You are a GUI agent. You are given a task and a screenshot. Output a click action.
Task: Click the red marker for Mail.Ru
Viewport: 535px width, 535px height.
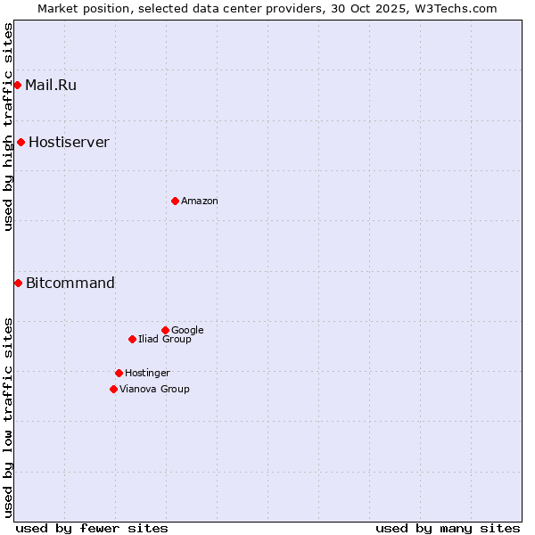(18, 85)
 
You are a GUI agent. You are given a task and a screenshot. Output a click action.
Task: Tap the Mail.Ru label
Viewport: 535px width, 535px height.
(51, 86)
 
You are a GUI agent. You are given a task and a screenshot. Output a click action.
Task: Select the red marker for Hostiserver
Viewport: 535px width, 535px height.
(21, 142)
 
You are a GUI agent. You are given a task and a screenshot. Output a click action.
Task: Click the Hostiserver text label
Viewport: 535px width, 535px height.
(69, 143)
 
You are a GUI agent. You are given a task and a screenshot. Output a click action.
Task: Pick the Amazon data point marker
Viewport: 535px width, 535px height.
(175, 201)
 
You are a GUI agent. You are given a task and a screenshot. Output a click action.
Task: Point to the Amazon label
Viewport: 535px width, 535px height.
(200, 202)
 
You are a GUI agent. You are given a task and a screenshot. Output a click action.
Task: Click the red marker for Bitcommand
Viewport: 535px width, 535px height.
(19, 283)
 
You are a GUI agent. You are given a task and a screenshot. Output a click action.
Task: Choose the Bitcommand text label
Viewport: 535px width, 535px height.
(70, 284)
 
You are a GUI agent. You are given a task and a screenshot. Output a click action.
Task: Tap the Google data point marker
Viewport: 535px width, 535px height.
(165, 330)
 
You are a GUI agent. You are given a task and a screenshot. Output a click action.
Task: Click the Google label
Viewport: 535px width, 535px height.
(187, 331)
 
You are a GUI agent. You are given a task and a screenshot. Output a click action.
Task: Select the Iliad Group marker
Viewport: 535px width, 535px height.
(132, 339)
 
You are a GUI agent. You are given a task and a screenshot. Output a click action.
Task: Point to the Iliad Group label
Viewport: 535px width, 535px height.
(165, 340)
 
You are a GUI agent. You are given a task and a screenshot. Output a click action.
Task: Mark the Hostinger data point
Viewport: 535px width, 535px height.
(119, 373)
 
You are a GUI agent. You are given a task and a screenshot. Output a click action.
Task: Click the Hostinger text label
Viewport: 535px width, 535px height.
(147, 374)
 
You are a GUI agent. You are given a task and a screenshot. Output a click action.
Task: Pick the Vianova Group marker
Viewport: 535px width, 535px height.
(113, 389)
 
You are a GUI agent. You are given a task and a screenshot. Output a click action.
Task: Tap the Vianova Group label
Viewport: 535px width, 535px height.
(154, 390)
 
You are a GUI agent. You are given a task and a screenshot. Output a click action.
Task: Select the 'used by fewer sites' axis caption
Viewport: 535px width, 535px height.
(92, 529)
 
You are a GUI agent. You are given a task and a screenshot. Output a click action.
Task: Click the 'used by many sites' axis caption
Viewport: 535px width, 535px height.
(448, 529)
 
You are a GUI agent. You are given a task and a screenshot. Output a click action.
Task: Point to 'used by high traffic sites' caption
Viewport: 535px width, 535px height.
(9, 127)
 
